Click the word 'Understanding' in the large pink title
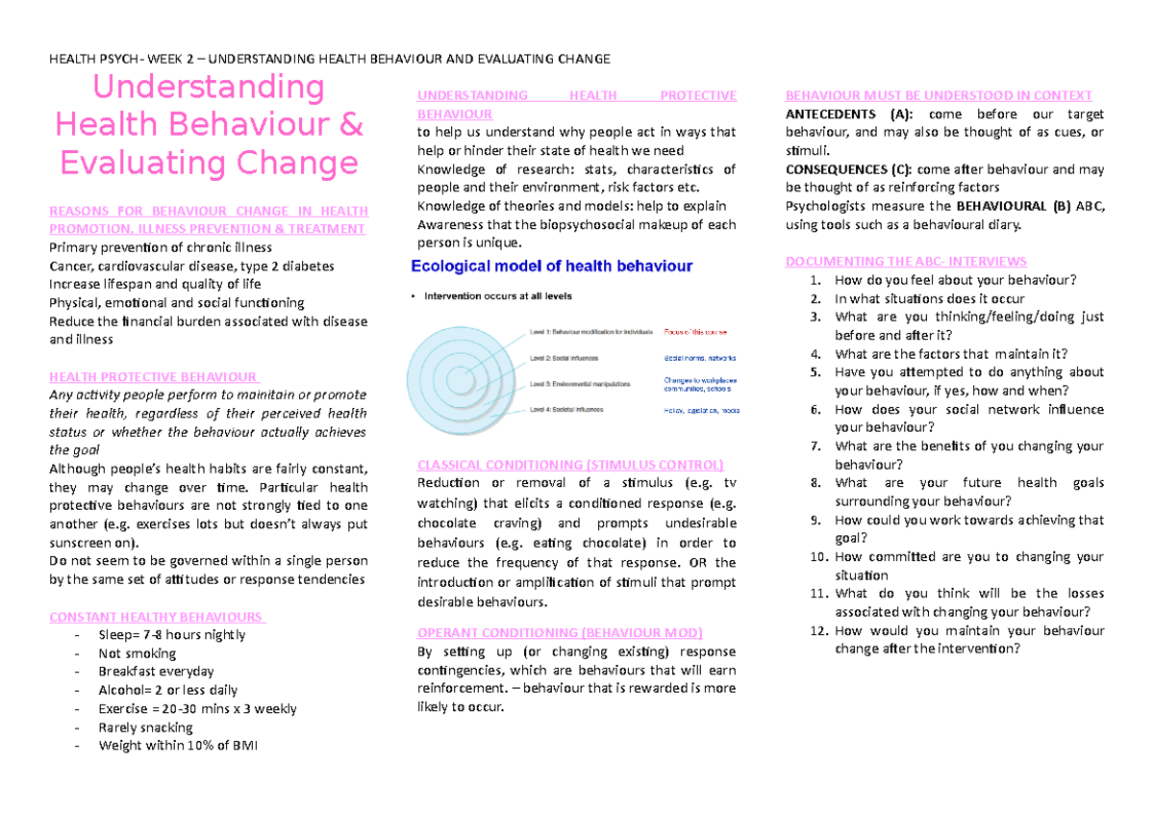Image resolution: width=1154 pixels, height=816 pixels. tap(208, 88)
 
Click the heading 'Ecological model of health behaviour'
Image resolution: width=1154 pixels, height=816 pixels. tap(551, 266)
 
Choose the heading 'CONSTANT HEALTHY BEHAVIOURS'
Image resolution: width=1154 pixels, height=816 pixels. tap(157, 617)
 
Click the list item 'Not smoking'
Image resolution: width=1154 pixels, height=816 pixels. tap(138, 653)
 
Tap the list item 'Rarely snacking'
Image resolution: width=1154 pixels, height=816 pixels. tap(145, 727)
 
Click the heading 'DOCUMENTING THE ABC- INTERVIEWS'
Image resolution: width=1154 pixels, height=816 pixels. tap(906, 262)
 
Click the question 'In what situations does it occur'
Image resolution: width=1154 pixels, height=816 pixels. tap(930, 298)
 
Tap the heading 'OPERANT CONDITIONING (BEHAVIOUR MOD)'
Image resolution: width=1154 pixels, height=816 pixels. tap(560, 632)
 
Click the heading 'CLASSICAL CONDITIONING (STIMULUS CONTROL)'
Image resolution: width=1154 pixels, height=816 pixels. tap(569, 465)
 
